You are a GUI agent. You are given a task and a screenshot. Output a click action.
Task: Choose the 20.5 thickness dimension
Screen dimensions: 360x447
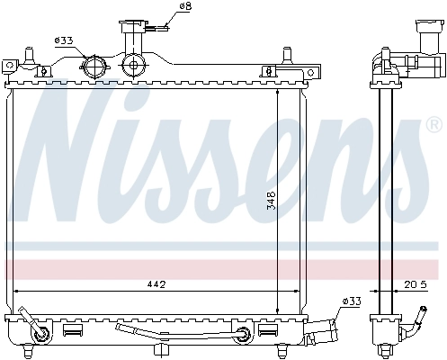[x=415, y=285]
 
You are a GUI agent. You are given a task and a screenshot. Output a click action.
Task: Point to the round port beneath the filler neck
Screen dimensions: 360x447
[x=134, y=65]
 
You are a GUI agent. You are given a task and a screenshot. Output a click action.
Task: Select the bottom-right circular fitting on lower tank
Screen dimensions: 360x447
[x=240, y=337]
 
